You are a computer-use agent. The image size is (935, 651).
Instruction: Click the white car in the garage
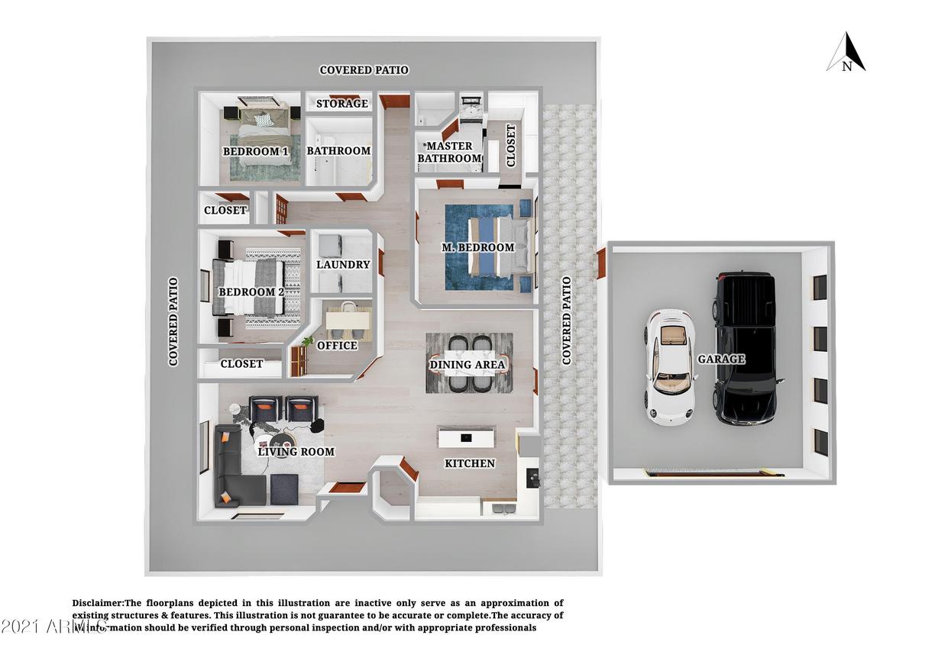coord(670,367)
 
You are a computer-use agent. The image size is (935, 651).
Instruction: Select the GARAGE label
coord(721,359)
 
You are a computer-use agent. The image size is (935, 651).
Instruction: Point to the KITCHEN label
coord(470,463)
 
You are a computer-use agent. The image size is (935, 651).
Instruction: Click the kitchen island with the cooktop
coord(466,437)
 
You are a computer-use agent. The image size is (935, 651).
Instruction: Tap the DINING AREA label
coord(467,365)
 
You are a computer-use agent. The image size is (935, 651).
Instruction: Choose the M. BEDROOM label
coord(478,247)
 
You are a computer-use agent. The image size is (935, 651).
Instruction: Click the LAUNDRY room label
coord(343,265)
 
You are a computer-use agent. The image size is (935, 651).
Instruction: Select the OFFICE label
coord(337,346)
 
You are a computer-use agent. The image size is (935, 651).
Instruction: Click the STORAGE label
coord(342,104)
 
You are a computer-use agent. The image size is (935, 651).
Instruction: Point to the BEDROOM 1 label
coord(255,151)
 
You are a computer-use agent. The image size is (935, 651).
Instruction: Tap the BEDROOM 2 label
coord(251,292)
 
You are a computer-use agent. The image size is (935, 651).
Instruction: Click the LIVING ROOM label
coord(296,452)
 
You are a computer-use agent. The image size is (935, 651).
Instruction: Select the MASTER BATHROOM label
coord(450,152)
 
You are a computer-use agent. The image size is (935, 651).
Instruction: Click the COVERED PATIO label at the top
coord(364,70)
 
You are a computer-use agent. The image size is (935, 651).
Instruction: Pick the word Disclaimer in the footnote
coord(98,603)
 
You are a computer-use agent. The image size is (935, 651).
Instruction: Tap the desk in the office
coord(348,321)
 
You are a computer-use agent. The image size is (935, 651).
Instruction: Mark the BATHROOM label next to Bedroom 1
coord(338,151)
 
